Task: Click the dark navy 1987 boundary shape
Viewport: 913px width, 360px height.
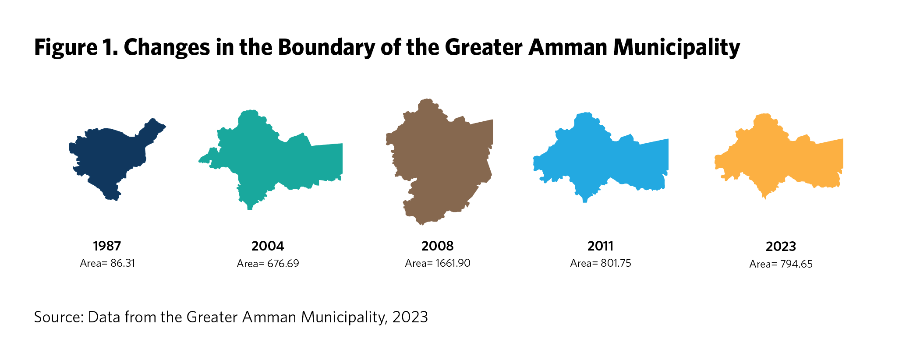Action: point(110,158)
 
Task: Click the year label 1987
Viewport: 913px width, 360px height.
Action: point(107,246)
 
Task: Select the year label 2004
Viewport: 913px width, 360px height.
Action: point(268,246)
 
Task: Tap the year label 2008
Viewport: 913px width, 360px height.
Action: point(437,246)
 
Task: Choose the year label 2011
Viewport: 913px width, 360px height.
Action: point(600,246)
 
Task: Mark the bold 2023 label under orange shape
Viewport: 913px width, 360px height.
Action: point(781,247)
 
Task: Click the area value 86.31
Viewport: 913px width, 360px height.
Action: point(123,263)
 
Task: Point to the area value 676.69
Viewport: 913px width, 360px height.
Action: point(283,264)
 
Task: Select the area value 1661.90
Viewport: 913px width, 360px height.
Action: point(453,263)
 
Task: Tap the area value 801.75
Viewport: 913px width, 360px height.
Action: point(616,263)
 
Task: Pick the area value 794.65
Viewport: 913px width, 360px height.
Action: point(796,264)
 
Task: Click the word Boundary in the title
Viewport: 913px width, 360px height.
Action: point(326,47)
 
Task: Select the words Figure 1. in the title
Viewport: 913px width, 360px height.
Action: point(76,47)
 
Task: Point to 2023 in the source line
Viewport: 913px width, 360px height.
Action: point(410,317)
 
